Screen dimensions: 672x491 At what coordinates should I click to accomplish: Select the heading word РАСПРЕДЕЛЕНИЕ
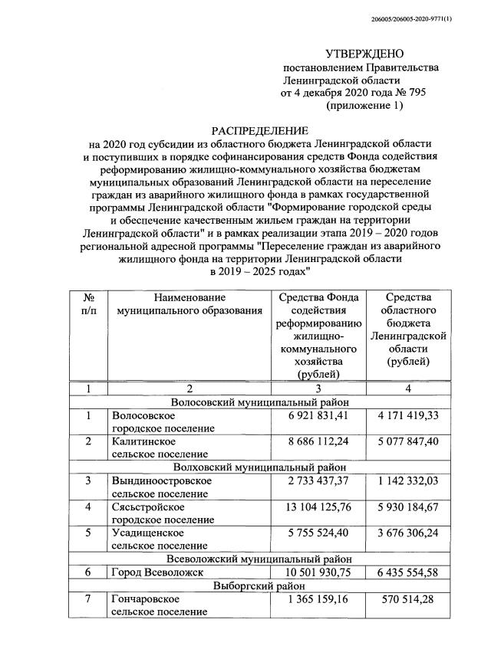tap(260, 131)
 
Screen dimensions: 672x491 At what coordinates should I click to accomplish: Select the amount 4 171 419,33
tap(407, 416)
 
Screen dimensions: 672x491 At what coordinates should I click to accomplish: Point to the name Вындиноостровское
tap(162, 480)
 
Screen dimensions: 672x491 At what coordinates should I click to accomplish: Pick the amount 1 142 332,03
tap(407, 480)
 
